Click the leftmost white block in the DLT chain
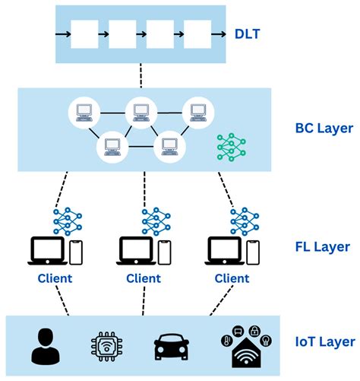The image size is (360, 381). click(x=84, y=35)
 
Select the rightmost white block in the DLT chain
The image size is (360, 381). click(x=197, y=35)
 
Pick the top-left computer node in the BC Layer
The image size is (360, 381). click(x=84, y=113)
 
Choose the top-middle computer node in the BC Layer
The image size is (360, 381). click(x=141, y=113)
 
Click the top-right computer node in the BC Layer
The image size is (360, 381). click(x=197, y=113)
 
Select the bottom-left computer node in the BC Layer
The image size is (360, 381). click(x=112, y=145)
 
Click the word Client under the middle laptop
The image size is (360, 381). click(x=144, y=278)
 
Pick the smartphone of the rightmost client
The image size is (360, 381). click(x=254, y=252)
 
